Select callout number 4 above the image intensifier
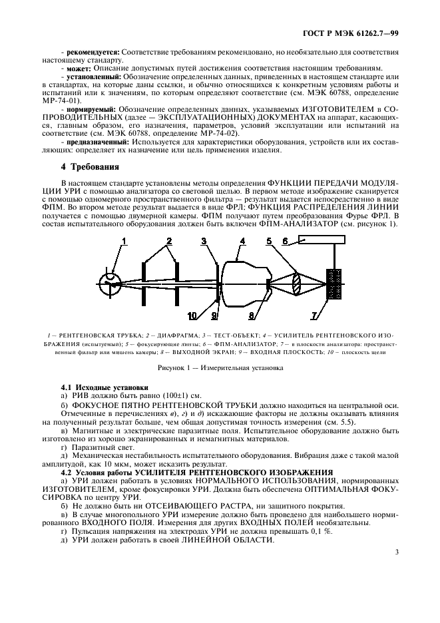(x=242, y=240)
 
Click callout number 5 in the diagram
(x=270, y=240)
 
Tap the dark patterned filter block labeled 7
(x=333, y=283)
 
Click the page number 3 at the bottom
(x=397, y=551)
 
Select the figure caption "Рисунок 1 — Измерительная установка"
(x=220, y=367)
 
